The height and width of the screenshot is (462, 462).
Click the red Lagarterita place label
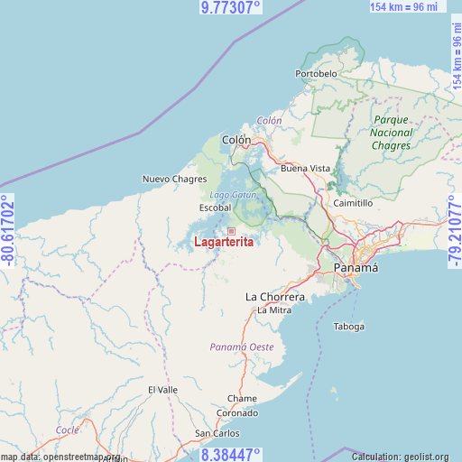pos(223,242)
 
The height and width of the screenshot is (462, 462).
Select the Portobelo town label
pos(316,72)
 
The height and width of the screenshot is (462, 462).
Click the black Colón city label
pos(236,139)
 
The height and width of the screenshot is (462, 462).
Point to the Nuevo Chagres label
pos(174,179)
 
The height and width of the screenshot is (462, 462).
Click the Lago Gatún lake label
pos(234,194)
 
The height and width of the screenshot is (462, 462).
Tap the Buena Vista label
pos(306,168)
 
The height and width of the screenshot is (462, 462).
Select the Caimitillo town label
pos(353,203)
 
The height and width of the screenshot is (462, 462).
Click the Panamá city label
pos(356,268)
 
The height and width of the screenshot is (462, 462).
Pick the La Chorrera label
pos(275,296)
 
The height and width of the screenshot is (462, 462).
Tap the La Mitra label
pos(273,310)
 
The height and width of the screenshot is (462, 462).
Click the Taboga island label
pos(349,326)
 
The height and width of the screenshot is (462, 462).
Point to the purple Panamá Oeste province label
pos(242,346)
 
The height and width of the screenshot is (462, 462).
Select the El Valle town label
pos(163,389)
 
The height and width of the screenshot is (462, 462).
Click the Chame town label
pos(242,398)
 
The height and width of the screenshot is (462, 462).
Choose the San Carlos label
pos(217,433)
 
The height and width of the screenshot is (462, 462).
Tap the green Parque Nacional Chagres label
pos(391,133)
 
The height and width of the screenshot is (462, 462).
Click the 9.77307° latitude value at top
pos(230,7)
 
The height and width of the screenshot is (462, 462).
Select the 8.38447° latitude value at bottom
pos(230,454)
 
